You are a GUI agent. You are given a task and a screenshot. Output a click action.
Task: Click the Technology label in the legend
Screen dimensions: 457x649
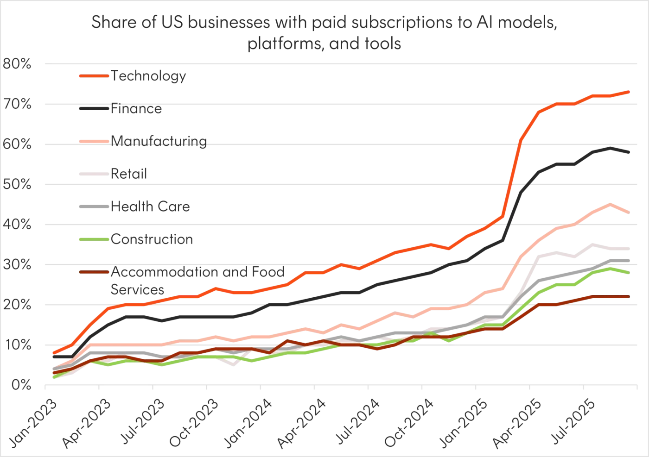[x=149, y=75]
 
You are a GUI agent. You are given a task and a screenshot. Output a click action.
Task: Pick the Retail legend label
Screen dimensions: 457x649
[x=129, y=174]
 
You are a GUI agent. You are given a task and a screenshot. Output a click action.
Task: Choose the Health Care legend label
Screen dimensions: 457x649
[x=151, y=207]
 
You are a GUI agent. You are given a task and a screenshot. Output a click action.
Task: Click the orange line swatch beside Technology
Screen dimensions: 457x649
[x=94, y=75]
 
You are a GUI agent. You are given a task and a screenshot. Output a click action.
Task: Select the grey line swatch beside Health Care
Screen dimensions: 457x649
[x=94, y=207]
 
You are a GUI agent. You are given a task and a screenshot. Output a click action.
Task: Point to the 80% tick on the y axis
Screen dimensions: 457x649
[x=19, y=64]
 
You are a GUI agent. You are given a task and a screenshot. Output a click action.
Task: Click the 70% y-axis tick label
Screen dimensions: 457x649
[x=19, y=104]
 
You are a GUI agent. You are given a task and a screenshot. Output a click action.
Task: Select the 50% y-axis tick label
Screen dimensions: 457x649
[x=19, y=185]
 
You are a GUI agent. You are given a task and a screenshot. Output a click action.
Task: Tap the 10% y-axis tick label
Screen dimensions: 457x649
[x=19, y=345]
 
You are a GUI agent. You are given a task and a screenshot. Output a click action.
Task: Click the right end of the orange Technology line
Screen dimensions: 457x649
[x=629, y=92]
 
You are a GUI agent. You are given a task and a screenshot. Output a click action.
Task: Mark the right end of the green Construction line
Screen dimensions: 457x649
[x=629, y=274]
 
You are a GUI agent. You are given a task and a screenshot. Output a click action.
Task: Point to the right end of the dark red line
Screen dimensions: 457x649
[x=629, y=297]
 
